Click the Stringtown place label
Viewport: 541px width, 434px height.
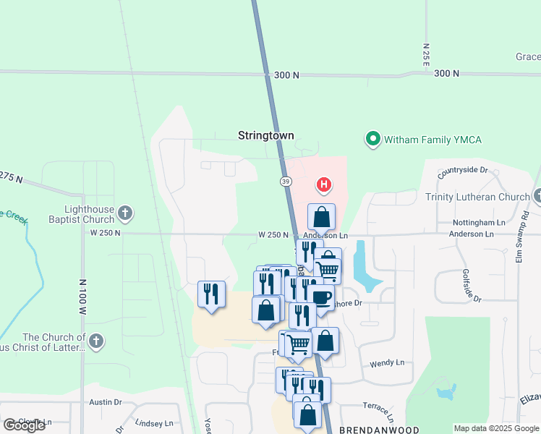[x=267, y=135]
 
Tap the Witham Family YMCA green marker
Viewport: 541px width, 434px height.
[x=373, y=138]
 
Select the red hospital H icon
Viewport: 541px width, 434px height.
[x=325, y=185]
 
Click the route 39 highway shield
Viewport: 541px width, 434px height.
[x=286, y=180]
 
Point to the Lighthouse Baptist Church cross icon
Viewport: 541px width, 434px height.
[x=125, y=213]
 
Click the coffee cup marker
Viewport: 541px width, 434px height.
[x=320, y=297]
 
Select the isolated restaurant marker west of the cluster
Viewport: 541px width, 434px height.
[x=211, y=294]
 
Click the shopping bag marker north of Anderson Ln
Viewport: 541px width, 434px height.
[x=321, y=217]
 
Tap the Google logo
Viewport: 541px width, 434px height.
[x=24, y=425]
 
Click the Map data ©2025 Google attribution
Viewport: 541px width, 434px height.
[x=496, y=428]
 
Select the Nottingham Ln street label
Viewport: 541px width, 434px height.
[x=479, y=222]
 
